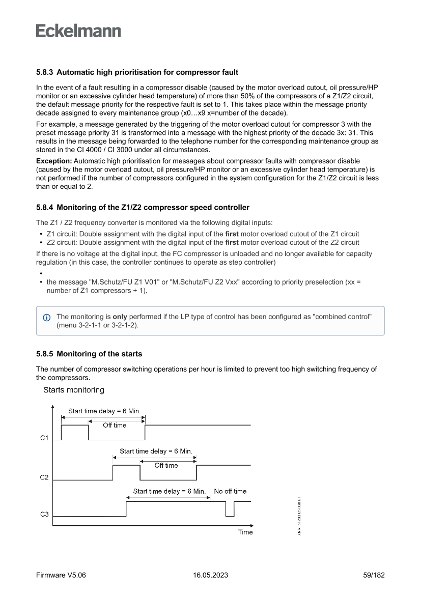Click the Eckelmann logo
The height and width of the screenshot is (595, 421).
pos(78,31)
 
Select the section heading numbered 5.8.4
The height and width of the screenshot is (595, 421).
pos(143,207)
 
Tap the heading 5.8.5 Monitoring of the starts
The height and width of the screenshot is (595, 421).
pos(89,354)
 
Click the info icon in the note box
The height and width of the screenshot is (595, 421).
pos(47,317)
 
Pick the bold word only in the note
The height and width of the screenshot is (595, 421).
pos(120,317)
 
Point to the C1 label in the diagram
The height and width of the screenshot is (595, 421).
pos(44,438)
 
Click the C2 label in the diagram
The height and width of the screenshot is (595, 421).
pos(44,477)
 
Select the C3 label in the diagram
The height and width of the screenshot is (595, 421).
pos(44,515)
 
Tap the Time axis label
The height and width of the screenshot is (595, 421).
pos(245,532)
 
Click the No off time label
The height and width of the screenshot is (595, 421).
pos(230,491)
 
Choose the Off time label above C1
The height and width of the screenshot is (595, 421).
pos(115,426)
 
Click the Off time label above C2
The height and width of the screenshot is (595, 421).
pos(166,465)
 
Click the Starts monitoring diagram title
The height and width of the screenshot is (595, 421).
pos(74,390)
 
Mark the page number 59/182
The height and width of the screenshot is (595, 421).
pos(374,575)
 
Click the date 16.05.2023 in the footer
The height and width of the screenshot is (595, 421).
pos(210,575)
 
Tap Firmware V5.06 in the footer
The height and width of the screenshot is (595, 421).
pos(61,575)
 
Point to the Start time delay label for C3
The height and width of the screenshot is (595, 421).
pos(169,491)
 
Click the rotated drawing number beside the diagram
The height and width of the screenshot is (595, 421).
pos(300,516)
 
